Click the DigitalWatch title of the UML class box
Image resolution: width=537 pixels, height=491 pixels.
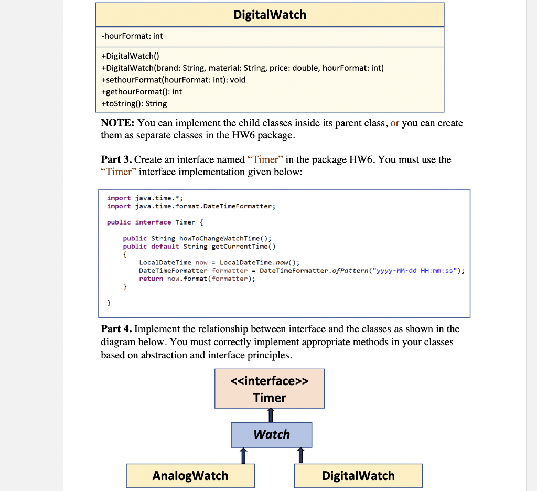click(270, 15)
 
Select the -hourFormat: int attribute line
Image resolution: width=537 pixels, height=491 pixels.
click(132, 36)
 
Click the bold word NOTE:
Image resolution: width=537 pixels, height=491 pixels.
click(117, 123)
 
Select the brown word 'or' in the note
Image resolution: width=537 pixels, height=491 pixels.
click(395, 123)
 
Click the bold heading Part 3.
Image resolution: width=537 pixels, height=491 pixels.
click(116, 159)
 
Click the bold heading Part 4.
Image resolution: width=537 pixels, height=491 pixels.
click(116, 329)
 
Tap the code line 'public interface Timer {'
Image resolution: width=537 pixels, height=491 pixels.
click(152, 222)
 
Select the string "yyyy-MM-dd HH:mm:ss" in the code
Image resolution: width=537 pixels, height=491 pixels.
click(415, 271)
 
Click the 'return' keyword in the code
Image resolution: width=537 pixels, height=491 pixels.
click(151, 279)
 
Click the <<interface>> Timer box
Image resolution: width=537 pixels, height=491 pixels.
click(270, 389)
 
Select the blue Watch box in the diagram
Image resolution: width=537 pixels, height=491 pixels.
click(271, 434)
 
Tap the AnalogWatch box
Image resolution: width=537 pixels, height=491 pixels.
click(190, 476)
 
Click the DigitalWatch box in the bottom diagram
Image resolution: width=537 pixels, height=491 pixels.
click(358, 476)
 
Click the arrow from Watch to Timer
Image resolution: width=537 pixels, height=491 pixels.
click(271, 415)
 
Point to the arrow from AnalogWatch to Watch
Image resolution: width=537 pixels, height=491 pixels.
click(243, 455)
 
